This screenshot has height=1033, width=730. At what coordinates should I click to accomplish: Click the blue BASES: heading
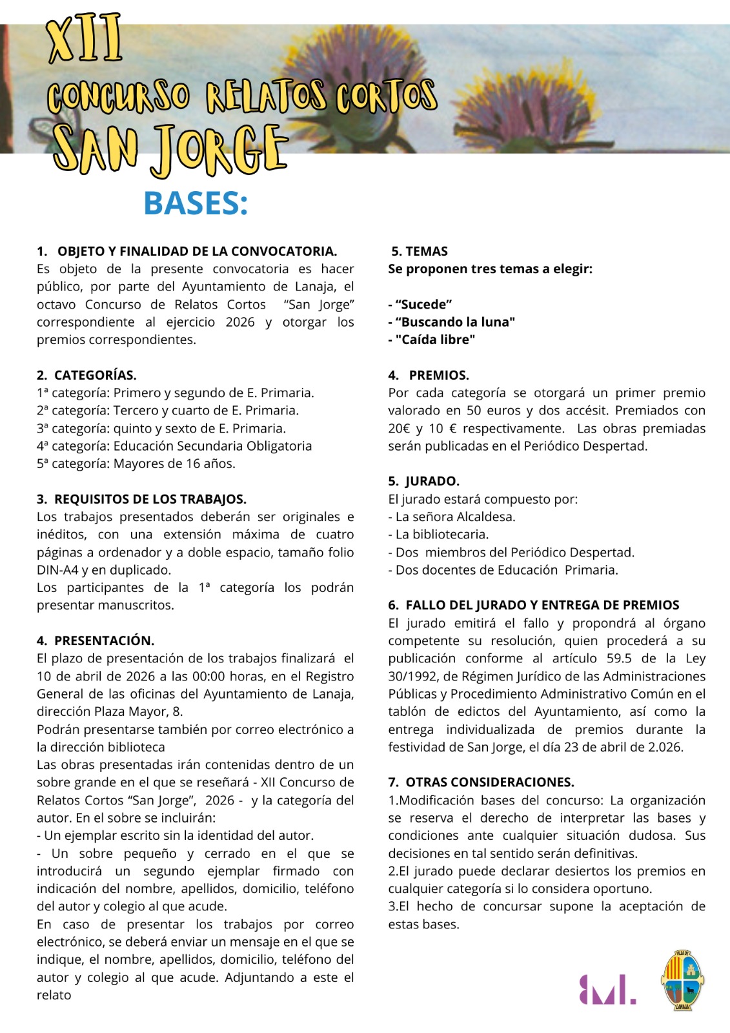(x=196, y=203)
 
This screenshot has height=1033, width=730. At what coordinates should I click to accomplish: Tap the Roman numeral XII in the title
(x=85, y=41)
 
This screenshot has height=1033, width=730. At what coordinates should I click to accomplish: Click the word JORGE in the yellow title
(x=219, y=150)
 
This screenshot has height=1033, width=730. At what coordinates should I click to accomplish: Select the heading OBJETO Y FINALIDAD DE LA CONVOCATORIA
(x=197, y=251)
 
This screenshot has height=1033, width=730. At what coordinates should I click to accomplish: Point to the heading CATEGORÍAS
(x=95, y=375)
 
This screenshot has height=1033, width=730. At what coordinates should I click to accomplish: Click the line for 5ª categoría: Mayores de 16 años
(x=136, y=464)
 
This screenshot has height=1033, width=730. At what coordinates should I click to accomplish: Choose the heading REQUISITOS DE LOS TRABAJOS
(x=150, y=499)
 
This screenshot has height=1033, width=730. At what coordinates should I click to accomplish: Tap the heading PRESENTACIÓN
(x=104, y=640)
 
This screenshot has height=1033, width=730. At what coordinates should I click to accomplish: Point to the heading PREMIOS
(x=438, y=375)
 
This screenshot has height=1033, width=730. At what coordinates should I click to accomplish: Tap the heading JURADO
(x=432, y=481)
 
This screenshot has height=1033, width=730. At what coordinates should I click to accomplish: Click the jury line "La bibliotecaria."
(x=441, y=535)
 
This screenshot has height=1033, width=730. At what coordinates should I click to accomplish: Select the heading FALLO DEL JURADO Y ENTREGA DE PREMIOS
(x=542, y=605)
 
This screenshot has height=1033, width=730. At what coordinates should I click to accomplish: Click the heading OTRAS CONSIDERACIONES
(x=489, y=782)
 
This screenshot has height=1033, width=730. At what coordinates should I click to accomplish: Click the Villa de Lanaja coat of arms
(x=682, y=979)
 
